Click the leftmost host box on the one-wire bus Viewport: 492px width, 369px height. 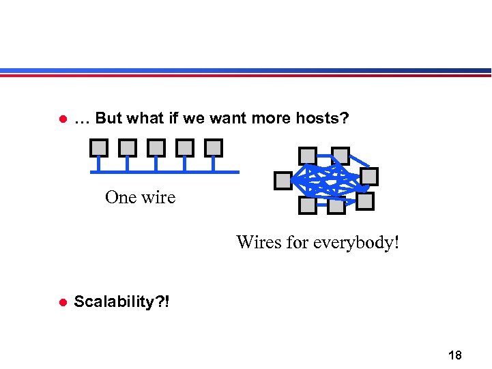(99, 147)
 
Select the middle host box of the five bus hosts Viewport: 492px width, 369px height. (156, 147)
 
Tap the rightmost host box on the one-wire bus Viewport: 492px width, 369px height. (214, 147)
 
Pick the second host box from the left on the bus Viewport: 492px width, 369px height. (128, 147)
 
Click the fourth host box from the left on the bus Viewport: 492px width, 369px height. (185, 147)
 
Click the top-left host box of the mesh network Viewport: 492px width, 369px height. (308, 156)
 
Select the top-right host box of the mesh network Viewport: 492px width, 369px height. (341, 156)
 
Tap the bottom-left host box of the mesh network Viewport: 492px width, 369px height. (308, 205)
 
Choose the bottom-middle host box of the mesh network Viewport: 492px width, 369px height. (335, 205)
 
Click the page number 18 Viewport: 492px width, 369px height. (454, 355)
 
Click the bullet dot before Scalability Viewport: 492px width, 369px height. (61, 302)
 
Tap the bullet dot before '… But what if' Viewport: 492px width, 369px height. (61, 119)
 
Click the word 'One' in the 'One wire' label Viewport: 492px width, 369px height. (121, 198)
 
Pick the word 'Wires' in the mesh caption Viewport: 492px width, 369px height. (254, 243)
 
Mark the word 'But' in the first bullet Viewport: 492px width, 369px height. (109, 119)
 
